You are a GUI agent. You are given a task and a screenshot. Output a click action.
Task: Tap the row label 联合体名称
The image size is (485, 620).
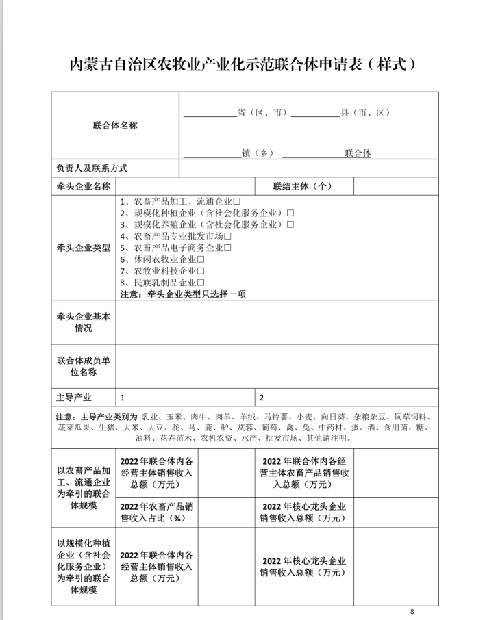coord(115,126)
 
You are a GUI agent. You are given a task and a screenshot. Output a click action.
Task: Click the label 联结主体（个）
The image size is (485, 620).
coord(303,186)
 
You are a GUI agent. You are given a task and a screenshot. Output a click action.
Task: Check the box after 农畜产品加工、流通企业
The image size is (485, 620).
coord(236,203)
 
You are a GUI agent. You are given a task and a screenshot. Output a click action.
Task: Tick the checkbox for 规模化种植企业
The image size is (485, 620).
coord(290,214)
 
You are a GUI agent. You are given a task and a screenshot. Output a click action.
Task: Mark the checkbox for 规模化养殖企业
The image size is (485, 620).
coord(290,224)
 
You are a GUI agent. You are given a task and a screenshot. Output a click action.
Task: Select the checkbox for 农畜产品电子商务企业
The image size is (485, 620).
coord(227,248)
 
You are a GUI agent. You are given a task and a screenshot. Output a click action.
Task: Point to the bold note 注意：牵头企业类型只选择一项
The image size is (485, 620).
coord(183,294)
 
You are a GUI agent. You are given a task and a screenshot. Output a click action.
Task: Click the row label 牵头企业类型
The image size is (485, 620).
coord(83,248)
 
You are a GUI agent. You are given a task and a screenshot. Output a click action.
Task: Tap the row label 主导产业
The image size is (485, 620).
coord(74,398)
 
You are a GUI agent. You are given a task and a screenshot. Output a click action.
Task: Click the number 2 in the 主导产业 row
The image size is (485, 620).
coord(262,398)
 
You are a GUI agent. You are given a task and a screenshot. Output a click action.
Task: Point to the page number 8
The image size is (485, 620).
coord(412,611)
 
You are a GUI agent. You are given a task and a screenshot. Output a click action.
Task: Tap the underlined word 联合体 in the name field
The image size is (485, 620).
coord(358,153)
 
